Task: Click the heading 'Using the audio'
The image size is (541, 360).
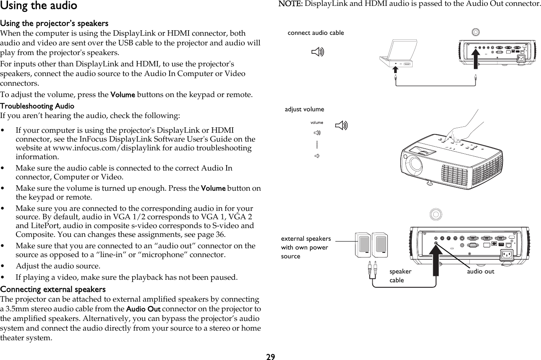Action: [x=39, y=6]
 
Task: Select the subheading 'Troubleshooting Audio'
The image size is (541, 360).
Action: [x=37, y=106]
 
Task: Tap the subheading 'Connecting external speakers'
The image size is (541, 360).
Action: [x=53, y=289]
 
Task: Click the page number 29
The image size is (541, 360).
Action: [x=271, y=356]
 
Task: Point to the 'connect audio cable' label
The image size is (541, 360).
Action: [x=316, y=33]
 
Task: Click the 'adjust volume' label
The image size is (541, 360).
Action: [x=304, y=109]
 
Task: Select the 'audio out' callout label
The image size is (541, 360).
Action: [x=481, y=271]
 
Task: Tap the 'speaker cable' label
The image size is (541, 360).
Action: [x=400, y=276]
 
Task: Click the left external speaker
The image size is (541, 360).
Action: [x=363, y=245]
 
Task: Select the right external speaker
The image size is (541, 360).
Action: [x=379, y=245]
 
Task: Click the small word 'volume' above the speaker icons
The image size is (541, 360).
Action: [x=316, y=123]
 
